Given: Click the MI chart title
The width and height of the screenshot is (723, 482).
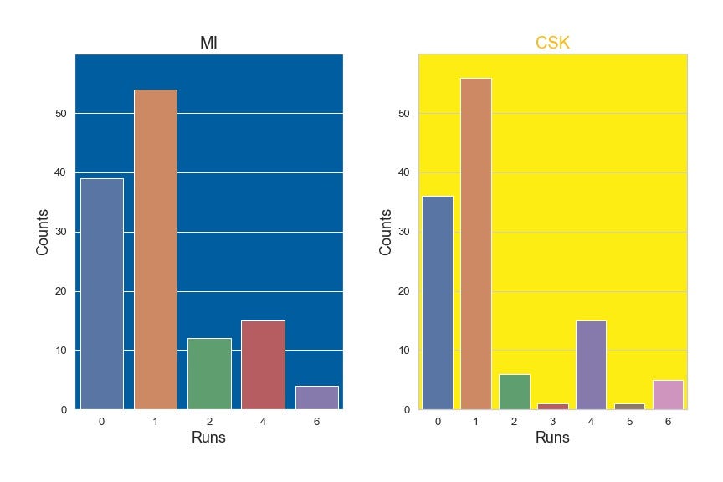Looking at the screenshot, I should [208, 43].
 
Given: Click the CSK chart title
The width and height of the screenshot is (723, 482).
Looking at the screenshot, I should [552, 43].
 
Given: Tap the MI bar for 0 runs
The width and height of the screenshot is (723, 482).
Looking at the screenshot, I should [101, 294].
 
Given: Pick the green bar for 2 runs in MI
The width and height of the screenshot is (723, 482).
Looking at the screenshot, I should [209, 373].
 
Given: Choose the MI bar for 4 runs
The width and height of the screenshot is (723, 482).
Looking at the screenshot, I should [263, 365].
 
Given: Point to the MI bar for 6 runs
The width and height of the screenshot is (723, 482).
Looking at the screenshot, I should [316, 397].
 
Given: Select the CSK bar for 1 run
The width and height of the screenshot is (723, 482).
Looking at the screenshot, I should [475, 244].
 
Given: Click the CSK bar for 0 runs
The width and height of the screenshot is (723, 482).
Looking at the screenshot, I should [437, 302].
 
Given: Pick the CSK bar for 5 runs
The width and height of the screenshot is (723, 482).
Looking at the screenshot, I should [629, 407].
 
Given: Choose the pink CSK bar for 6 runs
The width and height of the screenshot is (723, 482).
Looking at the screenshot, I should [668, 395].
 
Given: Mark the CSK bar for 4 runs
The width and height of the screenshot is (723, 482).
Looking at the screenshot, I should [591, 365].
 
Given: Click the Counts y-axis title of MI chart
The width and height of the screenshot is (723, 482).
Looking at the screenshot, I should [43, 232].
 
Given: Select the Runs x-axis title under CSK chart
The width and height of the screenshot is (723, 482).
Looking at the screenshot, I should [552, 438].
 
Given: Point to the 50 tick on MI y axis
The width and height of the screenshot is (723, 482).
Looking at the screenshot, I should [62, 114].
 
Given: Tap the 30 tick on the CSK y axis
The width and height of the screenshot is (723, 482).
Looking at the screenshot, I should [405, 232].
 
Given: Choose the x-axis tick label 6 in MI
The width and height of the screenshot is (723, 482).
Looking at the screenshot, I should [316, 421].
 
